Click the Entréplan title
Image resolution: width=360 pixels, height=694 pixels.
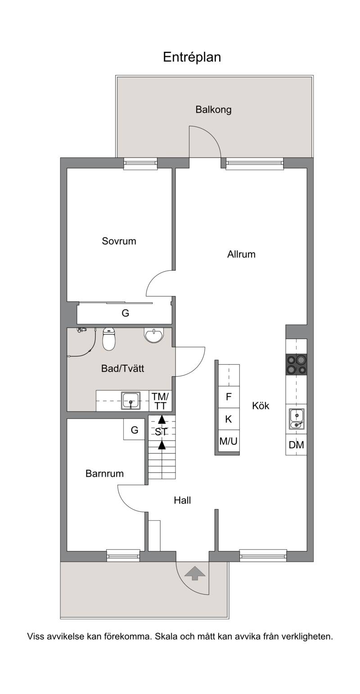pyautogui.click(x=192, y=57)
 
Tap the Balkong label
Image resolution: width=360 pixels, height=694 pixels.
pyautogui.click(x=213, y=110)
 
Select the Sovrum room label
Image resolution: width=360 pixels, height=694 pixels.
pyautogui.click(x=119, y=241)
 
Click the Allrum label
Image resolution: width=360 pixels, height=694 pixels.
pyautogui.click(x=241, y=255)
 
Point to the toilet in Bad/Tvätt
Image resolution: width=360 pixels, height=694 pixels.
pyautogui.click(x=108, y=339)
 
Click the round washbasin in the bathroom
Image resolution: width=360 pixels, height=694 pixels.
pyautogui.click(x=153, y=336)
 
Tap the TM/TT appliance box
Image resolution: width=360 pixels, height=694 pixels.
pyautogui.click(x=160, y=401)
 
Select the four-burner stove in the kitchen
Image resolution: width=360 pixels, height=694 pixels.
pyautogui.click(x=296, y=365)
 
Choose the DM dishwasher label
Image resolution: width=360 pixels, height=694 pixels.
pyautogui.click(x=296, y=445)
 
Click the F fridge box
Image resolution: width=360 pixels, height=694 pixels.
pyautogui.click(x=229, y=397)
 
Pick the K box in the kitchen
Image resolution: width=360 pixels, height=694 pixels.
pyautogui.click(x=229, y=419)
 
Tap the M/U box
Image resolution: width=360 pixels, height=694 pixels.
pyautogui.click(x=229, y=441)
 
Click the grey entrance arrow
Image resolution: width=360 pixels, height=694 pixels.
pyautogui.click(x=195, y=573)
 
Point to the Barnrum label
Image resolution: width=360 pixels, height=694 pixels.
pyautogui.click(x=104, y=474)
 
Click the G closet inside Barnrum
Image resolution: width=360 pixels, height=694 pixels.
pyautogui.click(x=134, y=430)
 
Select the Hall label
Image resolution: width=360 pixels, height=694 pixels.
pyautogui.click(x=182, y=500)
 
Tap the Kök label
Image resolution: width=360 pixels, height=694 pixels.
pyautogui.click(x=261, y=406)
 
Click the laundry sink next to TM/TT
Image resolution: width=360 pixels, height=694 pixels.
pyautogui.click(x=131, y=401)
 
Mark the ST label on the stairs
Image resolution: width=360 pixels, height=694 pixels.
pyautogui.click(x=161, y=432)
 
